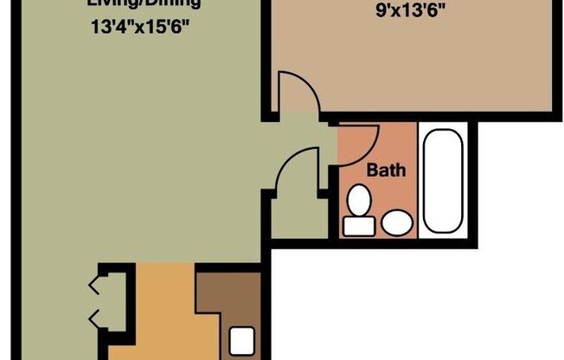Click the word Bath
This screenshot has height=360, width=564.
(x=386, y=170)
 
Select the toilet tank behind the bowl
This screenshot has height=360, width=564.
(x=355, y=226)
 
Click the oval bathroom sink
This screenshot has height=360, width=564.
(x=397, y=223)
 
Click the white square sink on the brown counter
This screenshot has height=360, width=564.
(x=243, y=339)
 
